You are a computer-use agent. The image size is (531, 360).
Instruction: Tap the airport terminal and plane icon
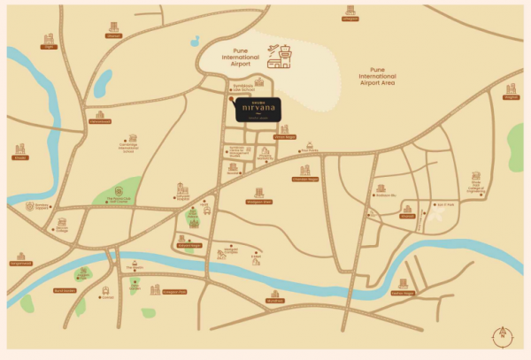click(x=282, y=56)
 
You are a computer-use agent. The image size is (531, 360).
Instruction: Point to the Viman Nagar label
click(x=284, y=137)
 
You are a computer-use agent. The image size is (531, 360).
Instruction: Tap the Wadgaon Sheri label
click(x=258, y=202)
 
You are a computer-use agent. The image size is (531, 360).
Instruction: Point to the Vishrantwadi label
click(x=100, y=122)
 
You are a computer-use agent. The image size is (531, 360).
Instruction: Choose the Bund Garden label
click(x=65, y=290)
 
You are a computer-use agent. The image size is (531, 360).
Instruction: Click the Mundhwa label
click(x=275, y=301)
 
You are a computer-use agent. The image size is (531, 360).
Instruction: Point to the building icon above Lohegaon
click(x=350, y=10)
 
